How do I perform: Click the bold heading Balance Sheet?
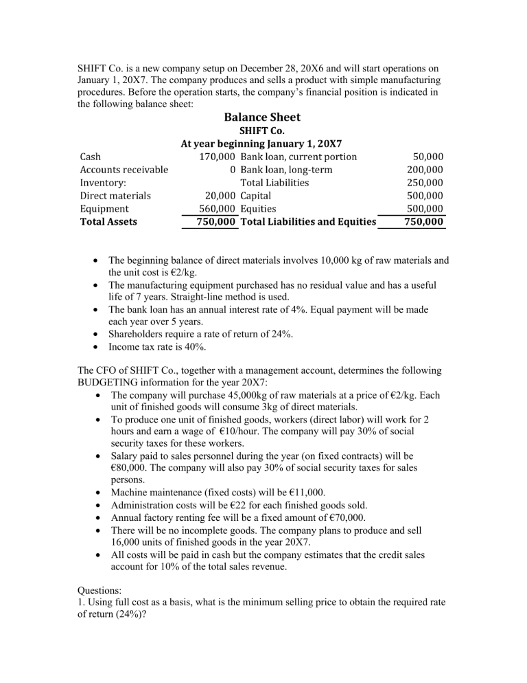pos(263,117)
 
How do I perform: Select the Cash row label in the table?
pos(91,157)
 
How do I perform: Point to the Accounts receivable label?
pos(124,170)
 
